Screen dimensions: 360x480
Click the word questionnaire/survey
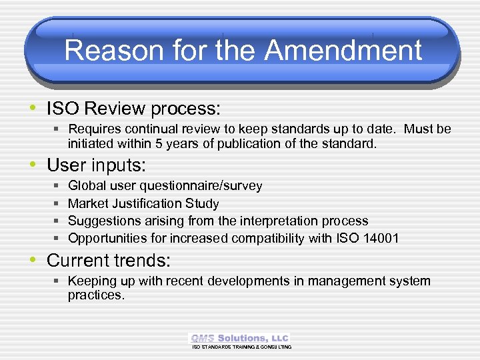pyautogui.click(x=207, y=186)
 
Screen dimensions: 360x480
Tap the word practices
pyautogui.click(x=95, y=295)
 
